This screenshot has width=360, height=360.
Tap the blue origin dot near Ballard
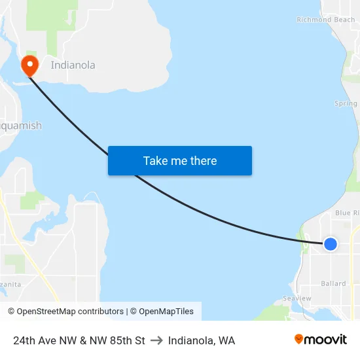pos(331,244)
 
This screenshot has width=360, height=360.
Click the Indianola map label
pos(73,65)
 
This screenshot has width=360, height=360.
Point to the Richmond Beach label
pos(325,20)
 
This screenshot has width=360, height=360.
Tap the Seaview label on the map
pos(297,298)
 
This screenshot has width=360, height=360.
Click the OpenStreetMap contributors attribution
pos(65,312)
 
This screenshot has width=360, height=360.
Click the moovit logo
pos(321,340)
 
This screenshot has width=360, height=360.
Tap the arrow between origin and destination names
pos(156,340)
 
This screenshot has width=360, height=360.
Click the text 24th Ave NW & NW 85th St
pos(79,340)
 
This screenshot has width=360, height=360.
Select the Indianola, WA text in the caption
pos(202,340)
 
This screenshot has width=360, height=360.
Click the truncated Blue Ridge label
pos(347,213)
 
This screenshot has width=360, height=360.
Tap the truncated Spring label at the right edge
pos(346,103)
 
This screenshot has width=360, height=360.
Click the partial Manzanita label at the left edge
pos(10,284)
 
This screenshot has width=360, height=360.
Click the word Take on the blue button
pos(155,161)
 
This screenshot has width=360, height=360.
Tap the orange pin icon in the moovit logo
pos(299,339)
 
